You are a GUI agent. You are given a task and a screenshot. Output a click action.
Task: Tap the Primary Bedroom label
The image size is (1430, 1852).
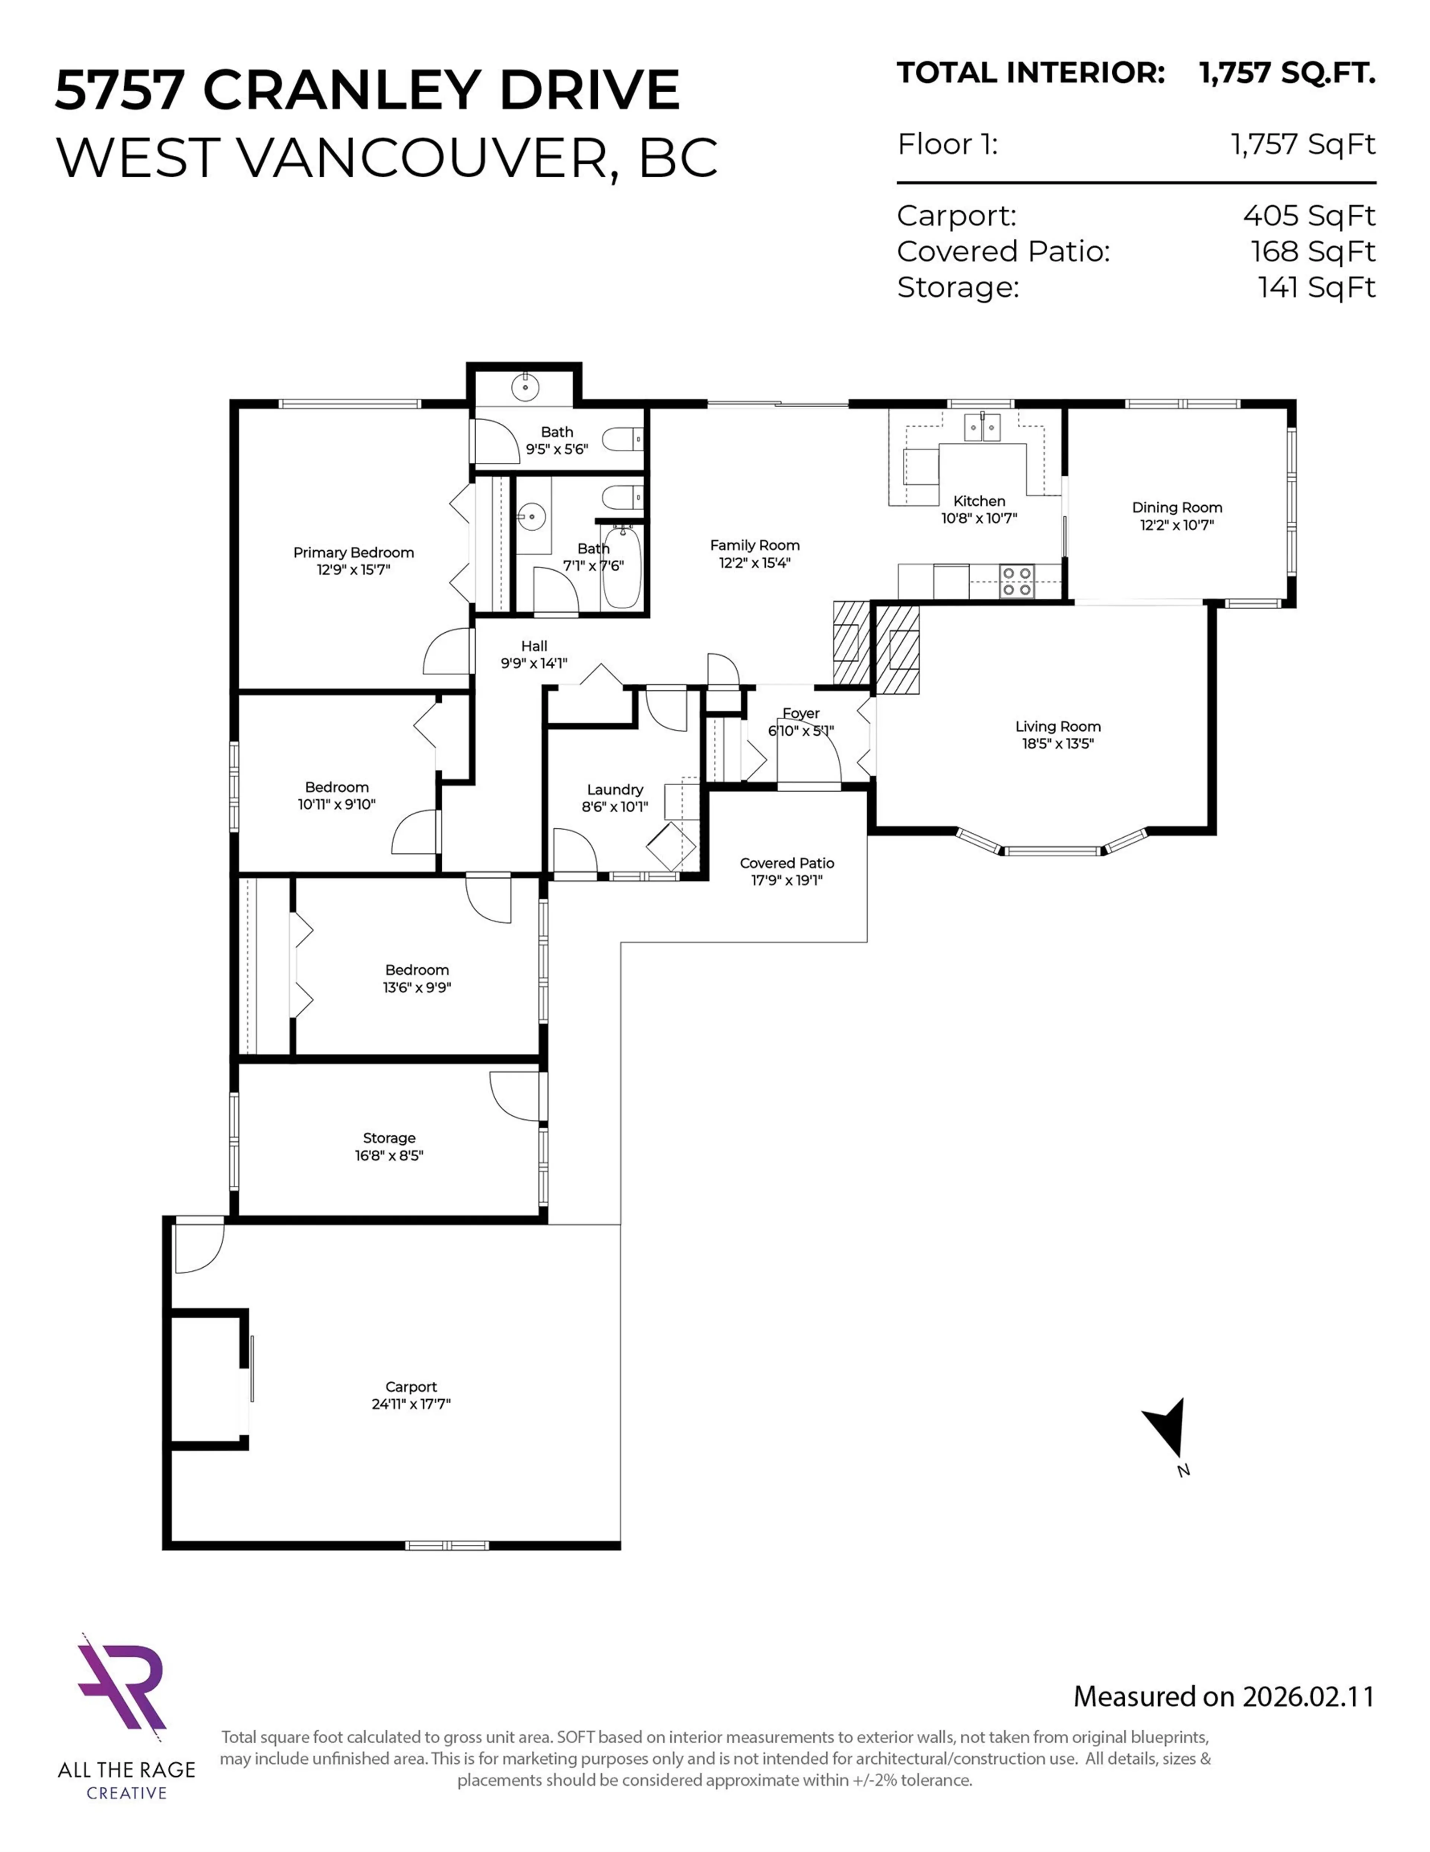pos(353,552)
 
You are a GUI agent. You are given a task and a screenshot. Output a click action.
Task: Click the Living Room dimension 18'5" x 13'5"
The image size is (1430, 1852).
pos(1058,744)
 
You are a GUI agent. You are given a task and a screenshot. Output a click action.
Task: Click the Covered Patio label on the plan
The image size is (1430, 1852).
pos(786,862)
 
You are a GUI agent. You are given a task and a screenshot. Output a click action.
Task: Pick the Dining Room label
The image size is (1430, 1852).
pos(1176,507)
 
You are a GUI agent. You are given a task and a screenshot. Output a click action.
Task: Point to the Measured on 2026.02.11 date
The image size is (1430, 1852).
pos(1223,1696)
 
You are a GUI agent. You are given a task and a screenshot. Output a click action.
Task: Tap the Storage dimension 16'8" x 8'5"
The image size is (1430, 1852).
pos(389,1155)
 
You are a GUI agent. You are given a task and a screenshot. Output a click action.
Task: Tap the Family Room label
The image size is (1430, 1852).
pos(754,545)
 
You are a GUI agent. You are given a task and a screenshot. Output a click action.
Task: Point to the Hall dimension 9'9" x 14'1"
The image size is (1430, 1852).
pos(534,663)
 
